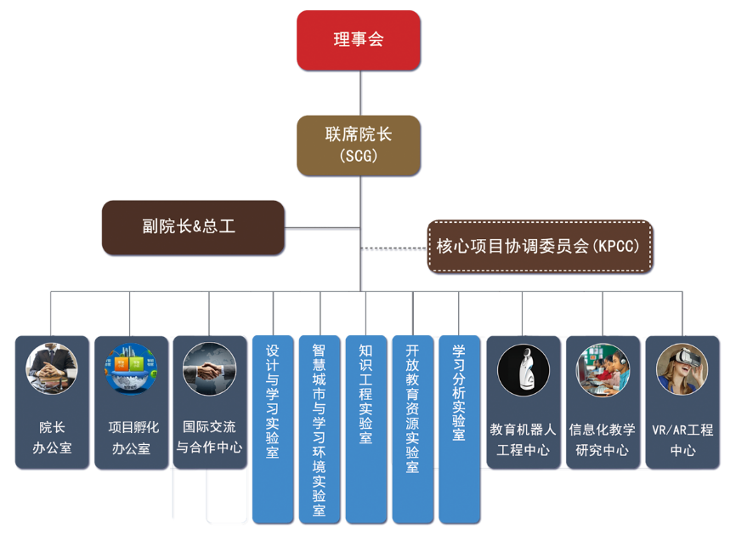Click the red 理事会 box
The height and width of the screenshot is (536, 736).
tap(359, 40)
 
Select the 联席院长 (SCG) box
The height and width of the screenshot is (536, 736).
tap(359, 145)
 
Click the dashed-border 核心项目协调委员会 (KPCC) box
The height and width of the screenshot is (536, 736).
tap(539, 247)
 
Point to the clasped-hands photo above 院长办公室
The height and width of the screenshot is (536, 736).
tap(52, 369)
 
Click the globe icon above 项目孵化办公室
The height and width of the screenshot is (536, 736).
tap(131, 369)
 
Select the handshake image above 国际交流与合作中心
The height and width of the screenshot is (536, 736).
tap(208, 369)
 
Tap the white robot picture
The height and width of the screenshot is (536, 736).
tap(524, 369)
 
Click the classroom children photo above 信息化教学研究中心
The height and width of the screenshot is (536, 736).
tap(603, 369)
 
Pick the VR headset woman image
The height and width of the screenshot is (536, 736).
tap(682, 369)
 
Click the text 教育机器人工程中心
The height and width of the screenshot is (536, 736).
tap(524, 439)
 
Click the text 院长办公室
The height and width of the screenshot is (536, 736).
tap(52, 437)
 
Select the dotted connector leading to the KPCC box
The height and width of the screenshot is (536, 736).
tap(393, 248)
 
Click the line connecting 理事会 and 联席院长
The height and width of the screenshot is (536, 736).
tap(360, 92)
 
